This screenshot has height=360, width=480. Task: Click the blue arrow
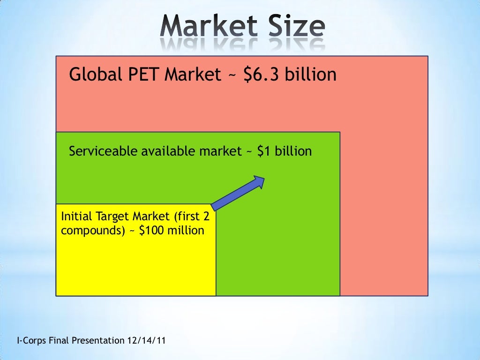(x=239, y=193)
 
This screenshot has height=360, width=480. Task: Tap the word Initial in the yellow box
(x=77, y=217)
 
